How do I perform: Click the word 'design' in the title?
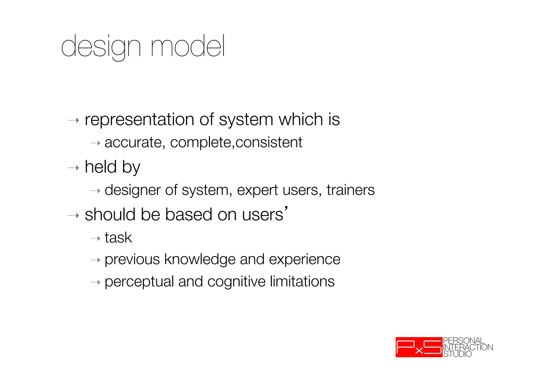(101, 47)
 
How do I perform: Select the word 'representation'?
(139, 120)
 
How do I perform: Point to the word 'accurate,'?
(135, 143)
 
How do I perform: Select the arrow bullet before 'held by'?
(73, 168)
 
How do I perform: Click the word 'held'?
(101, 167)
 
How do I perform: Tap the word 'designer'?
(132, 190)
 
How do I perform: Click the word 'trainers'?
(350, 190)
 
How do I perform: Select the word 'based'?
(188, 215)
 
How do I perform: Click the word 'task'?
(118, 238)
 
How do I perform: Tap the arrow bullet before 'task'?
(95, 239)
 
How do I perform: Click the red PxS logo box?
(419, 347)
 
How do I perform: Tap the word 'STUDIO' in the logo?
(457, 354)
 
